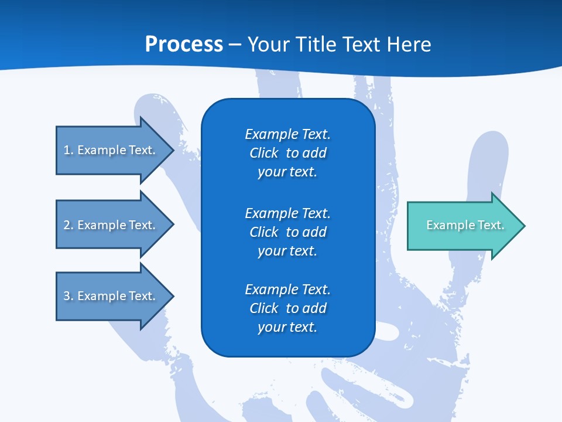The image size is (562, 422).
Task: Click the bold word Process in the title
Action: click(x=184, y=44)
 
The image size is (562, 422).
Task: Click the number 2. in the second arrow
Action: click(x=68, y=225)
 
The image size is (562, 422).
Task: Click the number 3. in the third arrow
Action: click(x=68, y=296)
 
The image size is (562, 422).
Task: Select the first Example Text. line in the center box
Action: click(x=287, y=134)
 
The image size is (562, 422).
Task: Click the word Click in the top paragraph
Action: click(x=263, y=153)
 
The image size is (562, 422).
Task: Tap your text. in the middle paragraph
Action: click(x=287, y=251)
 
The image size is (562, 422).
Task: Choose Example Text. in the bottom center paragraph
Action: click(x=287, y=290)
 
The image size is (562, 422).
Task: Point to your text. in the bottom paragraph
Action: click(x=287, y=327)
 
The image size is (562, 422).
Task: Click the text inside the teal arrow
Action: click(x=465, y=225)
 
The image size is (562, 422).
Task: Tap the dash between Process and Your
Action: click(x=235, y=45)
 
